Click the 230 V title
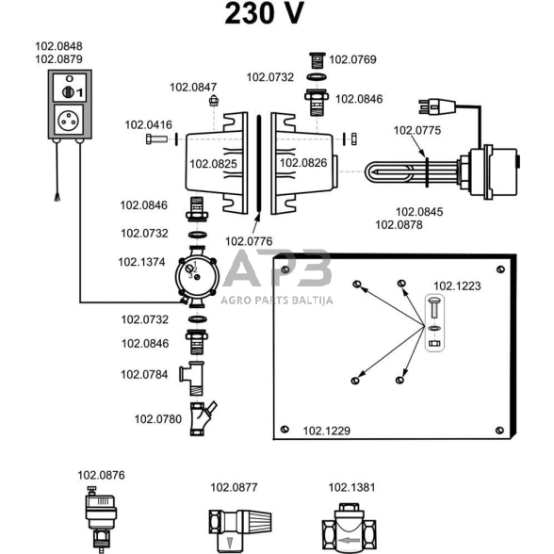coord(264,13)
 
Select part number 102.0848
coord(58,46)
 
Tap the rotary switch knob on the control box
coord(68,92)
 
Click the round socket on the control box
coord(69,121)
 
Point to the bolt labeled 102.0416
coord(156,138)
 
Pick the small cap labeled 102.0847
coord(213,101)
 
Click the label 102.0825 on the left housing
coord(213,164)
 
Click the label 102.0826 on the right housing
coord(303,163)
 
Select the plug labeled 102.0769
coord(318,60)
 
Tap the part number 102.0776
coord(249,241)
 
